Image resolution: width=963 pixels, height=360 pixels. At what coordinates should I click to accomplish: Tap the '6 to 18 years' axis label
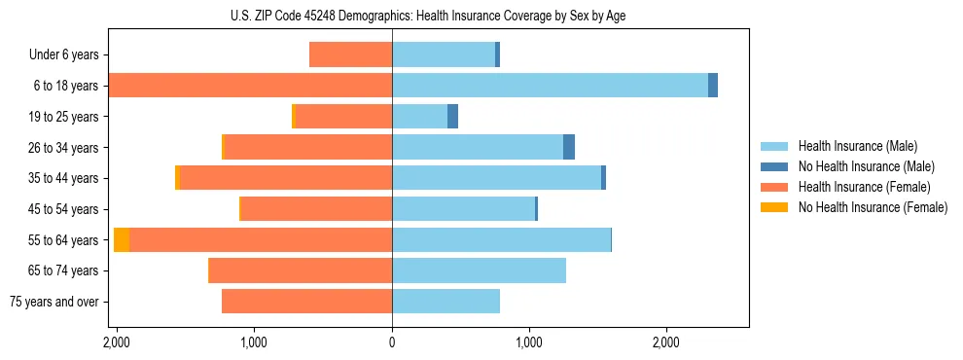click(x=66, y=86)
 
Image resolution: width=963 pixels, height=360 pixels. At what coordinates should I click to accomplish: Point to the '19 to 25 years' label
click(x=64, y=117)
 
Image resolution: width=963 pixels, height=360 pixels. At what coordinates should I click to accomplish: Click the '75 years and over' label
click(x=56, y=302)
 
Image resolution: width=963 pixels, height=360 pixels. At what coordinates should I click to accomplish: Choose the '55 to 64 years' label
click(x=64, y=240)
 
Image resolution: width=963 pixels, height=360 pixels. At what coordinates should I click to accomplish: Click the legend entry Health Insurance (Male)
click(x=857, y=146)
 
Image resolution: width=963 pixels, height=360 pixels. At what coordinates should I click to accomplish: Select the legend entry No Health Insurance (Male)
click(x=866, y=166)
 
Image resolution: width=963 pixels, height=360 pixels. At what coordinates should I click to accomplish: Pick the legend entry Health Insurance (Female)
click(x=864, y=187)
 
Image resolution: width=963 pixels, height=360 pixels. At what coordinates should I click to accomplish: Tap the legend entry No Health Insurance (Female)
click(x=873, y=207)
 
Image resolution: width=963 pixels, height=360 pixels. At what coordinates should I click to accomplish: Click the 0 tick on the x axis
click(x=392, y=342)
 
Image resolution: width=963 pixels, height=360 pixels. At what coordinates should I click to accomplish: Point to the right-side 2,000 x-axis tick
click(x=666, y=342)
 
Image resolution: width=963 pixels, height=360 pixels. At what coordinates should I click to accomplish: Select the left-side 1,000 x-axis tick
click(x=255, y=342)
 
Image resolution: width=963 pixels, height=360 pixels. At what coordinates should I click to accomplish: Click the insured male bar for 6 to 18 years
click(x=550, y=86)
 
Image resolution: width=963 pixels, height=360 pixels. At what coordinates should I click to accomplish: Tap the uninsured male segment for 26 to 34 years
click(x=569, y=147)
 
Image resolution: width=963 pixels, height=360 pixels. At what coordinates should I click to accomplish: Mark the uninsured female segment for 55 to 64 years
click(x=122, y=240)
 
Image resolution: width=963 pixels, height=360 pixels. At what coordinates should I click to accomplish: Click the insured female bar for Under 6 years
click(x=350, y=54)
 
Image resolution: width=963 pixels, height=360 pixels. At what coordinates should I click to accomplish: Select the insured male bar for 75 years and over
click(x=446, y=302)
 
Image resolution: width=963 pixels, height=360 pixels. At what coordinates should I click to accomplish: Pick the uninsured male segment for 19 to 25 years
click(x=452, y=117)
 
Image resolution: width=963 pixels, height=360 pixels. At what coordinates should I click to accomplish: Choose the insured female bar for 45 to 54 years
click(x=316, y=209)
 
